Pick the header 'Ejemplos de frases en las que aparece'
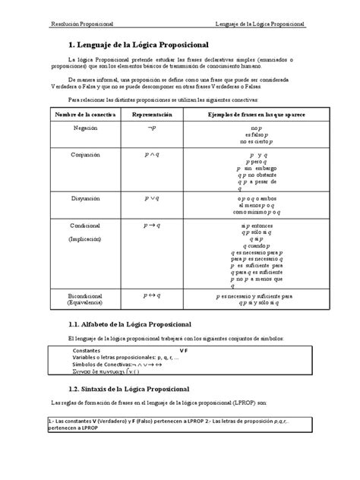[x=255, y=113]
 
